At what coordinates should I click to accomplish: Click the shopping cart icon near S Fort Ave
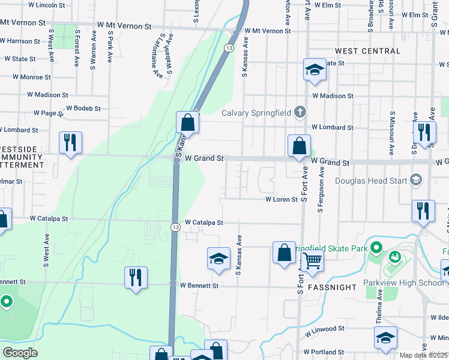pyautogui.click(x=313, y=262)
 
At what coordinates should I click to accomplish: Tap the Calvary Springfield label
pyautogui.click(x=257, y=113)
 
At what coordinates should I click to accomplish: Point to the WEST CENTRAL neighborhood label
pyautogui.click(x=367, y=52)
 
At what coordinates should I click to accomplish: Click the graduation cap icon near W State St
pyautogui.click(x=314, y=70)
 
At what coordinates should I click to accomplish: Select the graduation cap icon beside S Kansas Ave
pyautogui.click(x=218, y=259)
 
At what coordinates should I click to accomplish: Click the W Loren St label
pyautogui.click(x=282, y=199)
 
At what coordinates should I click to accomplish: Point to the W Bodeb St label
pyautogui.click(x=83, y=109)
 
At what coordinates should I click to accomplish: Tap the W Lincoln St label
pyautogui.click(x=43, y=5)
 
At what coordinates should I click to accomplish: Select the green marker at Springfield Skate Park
pyautogui.click(x=376, y=247)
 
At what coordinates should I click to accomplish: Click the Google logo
pyautogui.click(x=20, y=353)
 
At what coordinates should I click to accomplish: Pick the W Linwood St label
pyautogui.click(x=324, y=329)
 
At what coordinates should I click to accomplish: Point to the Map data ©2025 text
pyautogui.click(x=423, y=355)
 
